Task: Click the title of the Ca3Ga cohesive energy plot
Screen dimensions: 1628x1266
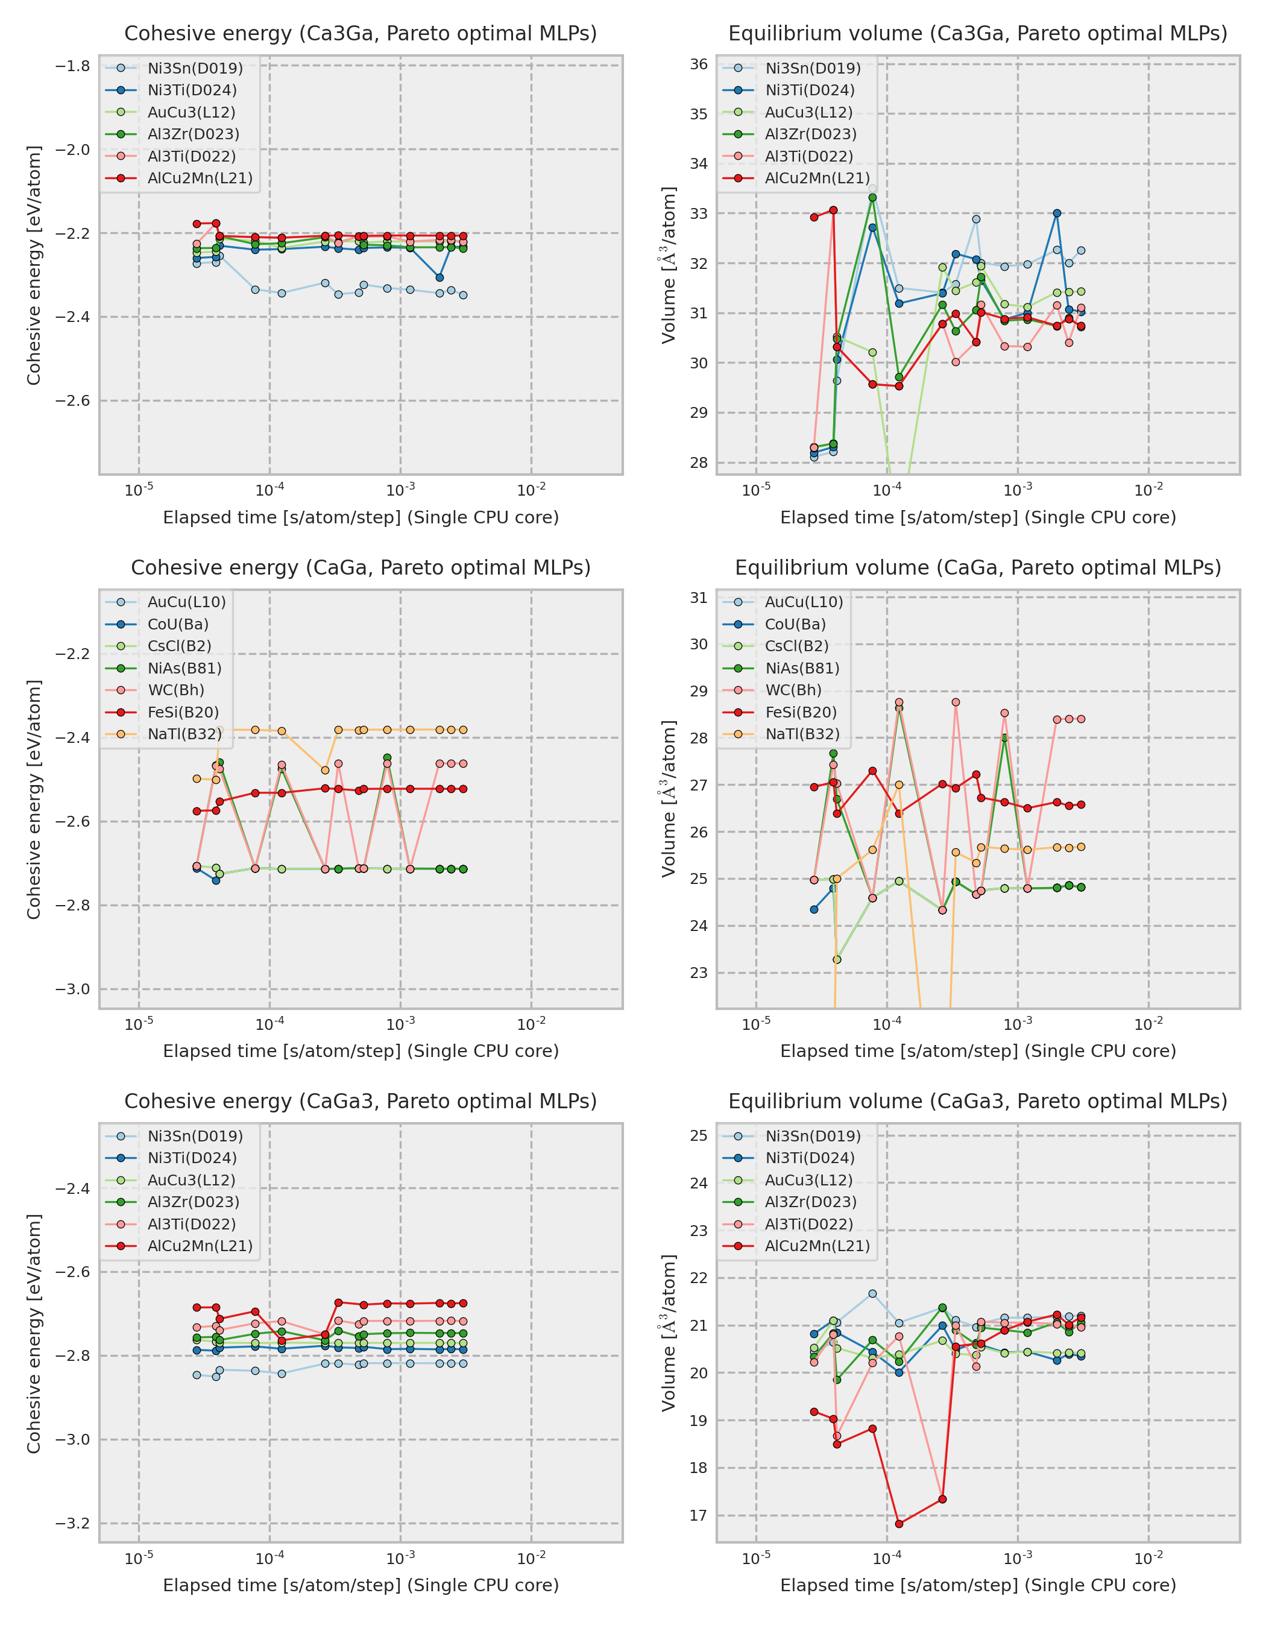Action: point(360,34)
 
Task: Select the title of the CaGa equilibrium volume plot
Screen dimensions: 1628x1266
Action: point(978,567)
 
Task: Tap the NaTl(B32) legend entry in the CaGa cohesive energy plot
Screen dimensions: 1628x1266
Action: point(184,734)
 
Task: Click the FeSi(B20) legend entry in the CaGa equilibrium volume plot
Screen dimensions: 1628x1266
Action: point(800,712)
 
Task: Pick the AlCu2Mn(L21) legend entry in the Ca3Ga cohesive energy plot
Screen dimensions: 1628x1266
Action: point(200,178)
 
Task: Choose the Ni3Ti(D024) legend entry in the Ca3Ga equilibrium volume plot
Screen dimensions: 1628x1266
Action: point(809,90)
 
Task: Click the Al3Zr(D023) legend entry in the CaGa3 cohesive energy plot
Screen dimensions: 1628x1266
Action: point(193,1202)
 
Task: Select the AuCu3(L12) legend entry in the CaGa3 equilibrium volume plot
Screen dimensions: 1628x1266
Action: point(808,1180)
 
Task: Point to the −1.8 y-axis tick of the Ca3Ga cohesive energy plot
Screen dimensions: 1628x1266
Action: point(72,66)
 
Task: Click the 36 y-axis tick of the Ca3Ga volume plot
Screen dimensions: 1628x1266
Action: point(698,64)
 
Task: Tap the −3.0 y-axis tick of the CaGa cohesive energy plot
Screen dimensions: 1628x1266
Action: point(72,989)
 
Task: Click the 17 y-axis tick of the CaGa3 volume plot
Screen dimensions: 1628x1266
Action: point(698,1515)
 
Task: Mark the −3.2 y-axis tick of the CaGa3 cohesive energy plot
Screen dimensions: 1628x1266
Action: point(72,1524)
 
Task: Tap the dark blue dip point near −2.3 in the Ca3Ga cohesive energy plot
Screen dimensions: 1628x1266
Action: point(439,277)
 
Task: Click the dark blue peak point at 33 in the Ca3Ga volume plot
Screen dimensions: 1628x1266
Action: point(1057,213)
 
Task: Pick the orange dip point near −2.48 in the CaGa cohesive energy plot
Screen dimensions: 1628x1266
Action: point(325,770)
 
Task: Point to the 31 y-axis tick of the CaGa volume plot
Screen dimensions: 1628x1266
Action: point(698,598)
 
